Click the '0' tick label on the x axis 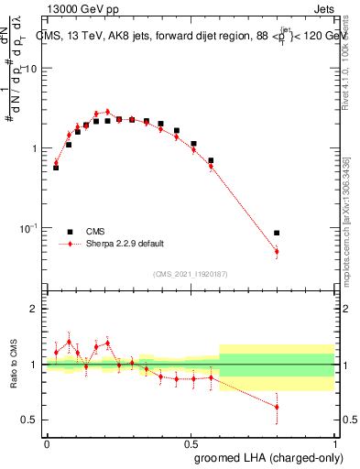click(47, 443)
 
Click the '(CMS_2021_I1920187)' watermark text click(191, 274)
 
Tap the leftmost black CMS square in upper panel click(56, 168)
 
